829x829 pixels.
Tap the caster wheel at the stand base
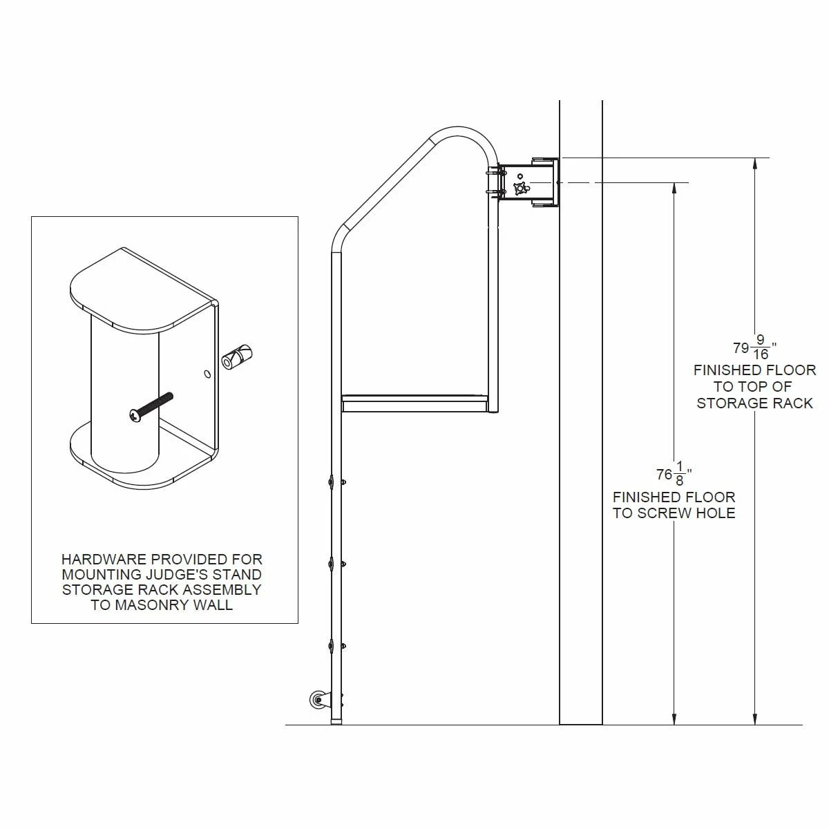[x=318, y=701]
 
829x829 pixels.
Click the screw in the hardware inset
[x=151, y=406]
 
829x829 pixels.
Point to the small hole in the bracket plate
[x=207, y=374]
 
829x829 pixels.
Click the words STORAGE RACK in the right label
[x=754, y=403]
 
